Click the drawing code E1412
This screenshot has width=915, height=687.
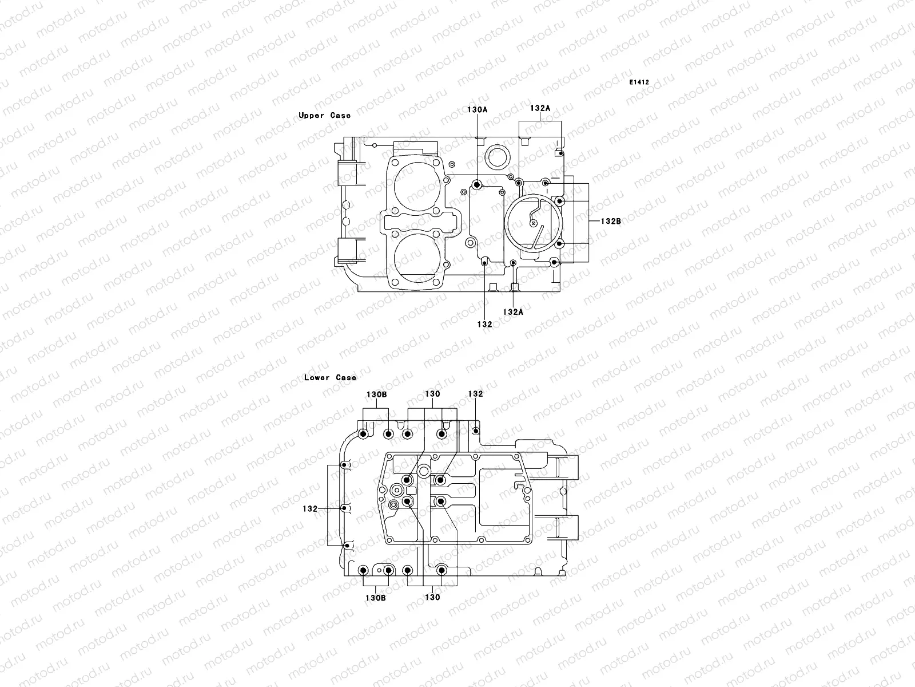click(x=639, y=82)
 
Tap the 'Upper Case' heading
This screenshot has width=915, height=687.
click(x=325, y=116)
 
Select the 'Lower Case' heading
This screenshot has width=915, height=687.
click(x=330, y=378)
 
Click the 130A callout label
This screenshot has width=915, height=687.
click(x=477, y=109)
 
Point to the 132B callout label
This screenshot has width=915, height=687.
click(x=610, y=221)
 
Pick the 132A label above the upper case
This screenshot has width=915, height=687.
click(x=540, y=108)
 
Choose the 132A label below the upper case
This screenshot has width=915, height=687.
click(x=513, y=312)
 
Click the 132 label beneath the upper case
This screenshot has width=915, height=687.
click(x=484, y=324)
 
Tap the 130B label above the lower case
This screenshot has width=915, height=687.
click(x=376, y=395)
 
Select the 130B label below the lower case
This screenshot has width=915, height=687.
click(x=376, y=598)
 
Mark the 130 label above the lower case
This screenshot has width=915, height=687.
click(x=432, y=394)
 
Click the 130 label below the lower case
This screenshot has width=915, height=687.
click(x=432, y=598)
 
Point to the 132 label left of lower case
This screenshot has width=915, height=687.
click(x=310, y=508)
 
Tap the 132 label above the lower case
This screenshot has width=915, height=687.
click(x=475, y=394)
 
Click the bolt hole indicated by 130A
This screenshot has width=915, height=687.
click(x=477, y=184)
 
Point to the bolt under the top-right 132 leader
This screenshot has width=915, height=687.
click(x=476, y=431)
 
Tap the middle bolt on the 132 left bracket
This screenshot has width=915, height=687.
click(x=344, y=508)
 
